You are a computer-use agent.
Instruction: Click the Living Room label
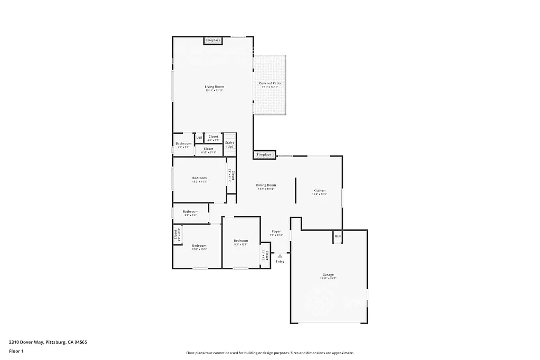(x=215, y=87)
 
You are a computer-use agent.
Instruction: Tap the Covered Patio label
(x=269, y=84)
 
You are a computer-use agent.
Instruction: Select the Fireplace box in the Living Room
(x=213, y=41)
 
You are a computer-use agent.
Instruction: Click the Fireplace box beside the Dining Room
(x=264, y=154)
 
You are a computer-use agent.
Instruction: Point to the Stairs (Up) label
(x=229, y=144)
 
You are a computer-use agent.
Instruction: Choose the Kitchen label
(x=320, y=191)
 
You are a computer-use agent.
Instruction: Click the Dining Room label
(x=266, y=186)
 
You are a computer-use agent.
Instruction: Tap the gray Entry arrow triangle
(x=280, y=256)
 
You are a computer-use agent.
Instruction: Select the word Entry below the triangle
(x=280, y=262)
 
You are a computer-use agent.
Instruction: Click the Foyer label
(x=276, y=232)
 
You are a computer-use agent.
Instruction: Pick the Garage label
(x=328, y=275)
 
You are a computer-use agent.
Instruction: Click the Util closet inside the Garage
(x=337, y=237)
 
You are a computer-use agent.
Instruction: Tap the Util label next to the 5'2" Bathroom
(x=199, y=138)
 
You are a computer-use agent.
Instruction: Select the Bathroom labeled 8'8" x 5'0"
(x=190, y=212)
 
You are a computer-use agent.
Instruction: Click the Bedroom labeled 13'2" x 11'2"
(x=199, y=178)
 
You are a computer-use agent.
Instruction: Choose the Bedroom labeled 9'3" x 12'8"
(x=240, y=241)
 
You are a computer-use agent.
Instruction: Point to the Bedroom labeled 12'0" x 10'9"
(x=199, y=246)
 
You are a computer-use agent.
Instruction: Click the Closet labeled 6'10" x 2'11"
(x=208, y=149)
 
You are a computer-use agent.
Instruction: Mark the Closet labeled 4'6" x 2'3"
(x=213, y=137)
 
